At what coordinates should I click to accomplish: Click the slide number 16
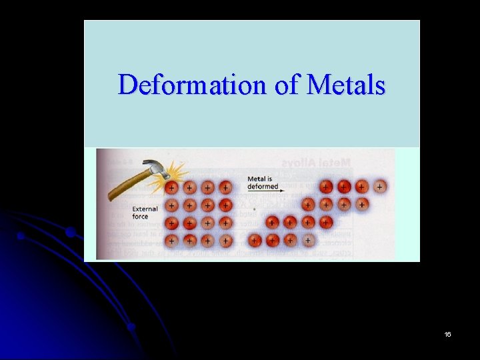(x=447, y=334)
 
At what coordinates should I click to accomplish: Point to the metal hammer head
(x=155, y=170)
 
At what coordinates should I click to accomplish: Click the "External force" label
(x=145, y=213)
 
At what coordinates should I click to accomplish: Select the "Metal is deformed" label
(x=263, y=183)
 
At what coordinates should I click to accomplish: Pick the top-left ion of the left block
(x=172, y=187)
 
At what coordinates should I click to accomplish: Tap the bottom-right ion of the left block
(x=226, y=239)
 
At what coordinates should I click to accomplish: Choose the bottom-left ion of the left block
(x=172, y=239)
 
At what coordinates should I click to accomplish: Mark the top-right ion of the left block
(x=226, y=187)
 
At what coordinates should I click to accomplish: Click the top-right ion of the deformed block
(x=379, y=187)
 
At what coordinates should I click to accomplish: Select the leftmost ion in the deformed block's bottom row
(x=255, y=239)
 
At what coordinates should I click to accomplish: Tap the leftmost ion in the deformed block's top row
(x=327, y=187)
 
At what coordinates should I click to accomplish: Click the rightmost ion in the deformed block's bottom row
(x=307, y=239)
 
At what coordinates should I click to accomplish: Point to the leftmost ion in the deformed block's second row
(x=308, y=204)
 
